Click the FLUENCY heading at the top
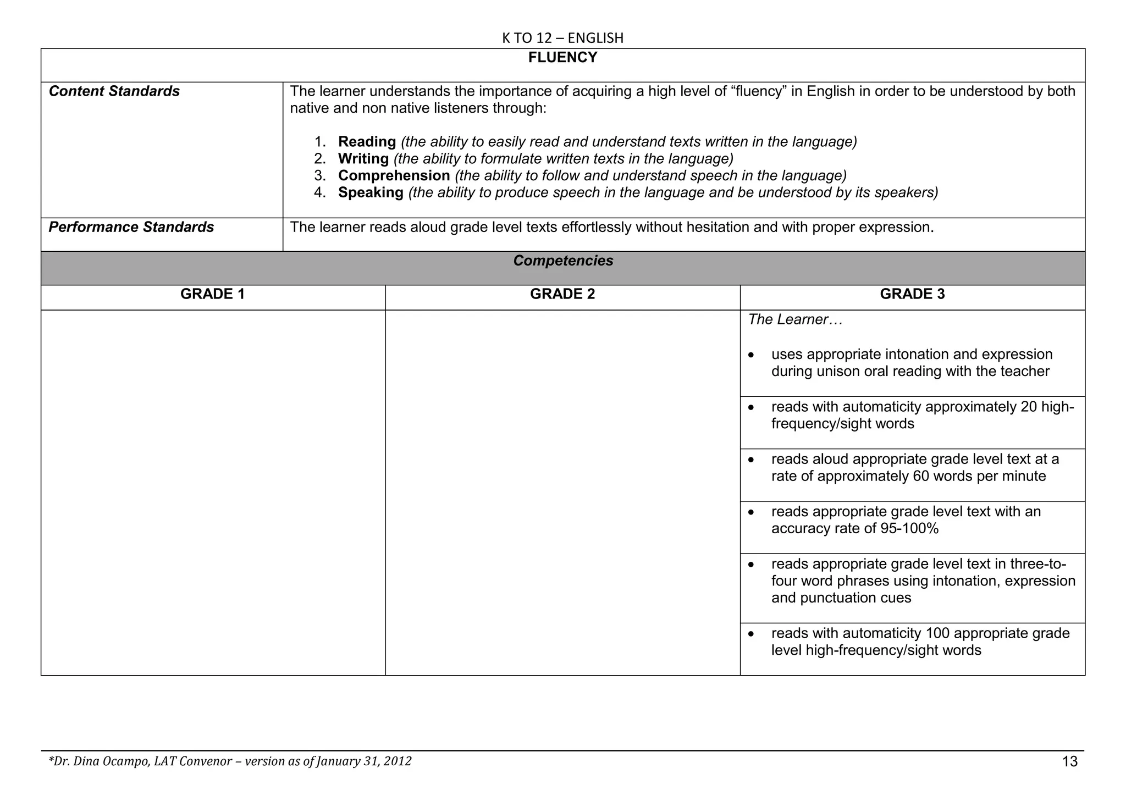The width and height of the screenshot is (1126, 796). click(562, 58)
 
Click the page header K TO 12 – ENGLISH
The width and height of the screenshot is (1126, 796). click(562, 38)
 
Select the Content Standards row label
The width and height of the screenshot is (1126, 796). click(114, 91)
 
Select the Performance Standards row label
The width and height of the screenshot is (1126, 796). click(131, 227)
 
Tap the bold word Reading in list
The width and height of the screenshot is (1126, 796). click(367, 142)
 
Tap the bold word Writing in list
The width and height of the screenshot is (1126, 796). click(363, 159)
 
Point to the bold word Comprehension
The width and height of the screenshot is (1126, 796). click(394, 176)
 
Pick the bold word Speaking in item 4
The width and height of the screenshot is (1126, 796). click(371, 193)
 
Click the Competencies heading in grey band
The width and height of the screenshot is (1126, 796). click(563, 261)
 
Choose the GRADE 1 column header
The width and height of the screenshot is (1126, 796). click(212, 294)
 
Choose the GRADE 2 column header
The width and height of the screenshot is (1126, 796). click(562, 294)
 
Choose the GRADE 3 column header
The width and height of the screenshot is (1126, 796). click(912, 294)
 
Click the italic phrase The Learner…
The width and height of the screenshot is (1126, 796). click(795, 319)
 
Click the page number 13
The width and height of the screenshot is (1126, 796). click(1070, 762)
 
